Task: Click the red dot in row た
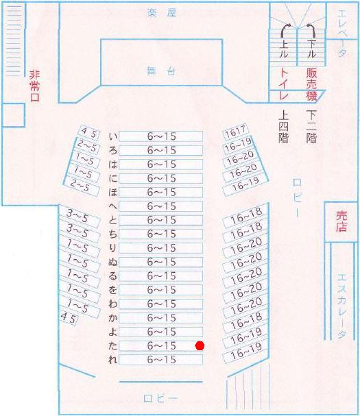[200, 345]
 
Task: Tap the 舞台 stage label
[161, 71]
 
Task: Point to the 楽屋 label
[162, 12]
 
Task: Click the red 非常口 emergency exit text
[35, 86]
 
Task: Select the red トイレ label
[284, 84]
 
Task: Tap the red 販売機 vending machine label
[312, 84]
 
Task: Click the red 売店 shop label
[341, 221]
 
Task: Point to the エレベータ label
[342, 34]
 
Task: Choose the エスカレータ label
[341, 306]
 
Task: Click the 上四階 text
[283, 126]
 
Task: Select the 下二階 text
[311, 126]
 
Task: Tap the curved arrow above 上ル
[285, 32]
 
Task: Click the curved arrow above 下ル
[311, 31]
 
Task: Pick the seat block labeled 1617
[235, 132]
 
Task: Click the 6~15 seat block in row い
[161, 136]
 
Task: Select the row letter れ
[113, 360]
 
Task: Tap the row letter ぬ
[113, 262]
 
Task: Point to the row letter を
[113, 290]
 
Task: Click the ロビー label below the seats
[160, 398]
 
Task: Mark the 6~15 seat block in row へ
[161, 206]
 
